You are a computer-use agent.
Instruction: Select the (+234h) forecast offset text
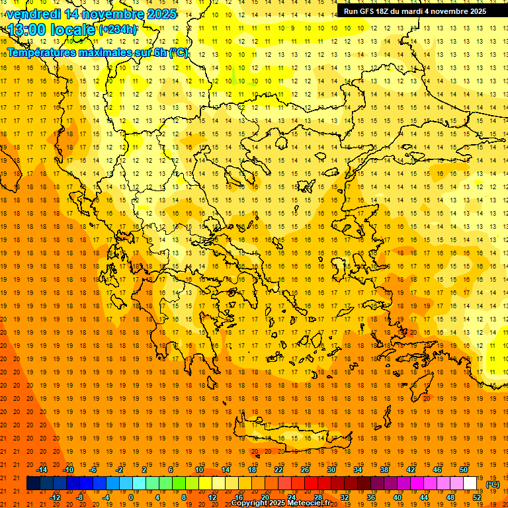pos(118,30)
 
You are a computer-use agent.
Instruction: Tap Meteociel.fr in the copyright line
pos(307,503)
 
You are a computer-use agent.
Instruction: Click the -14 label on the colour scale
pos(42,470)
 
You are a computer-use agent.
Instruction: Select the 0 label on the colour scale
pos(130,497)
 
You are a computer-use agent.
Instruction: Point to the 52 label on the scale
pos(477,497)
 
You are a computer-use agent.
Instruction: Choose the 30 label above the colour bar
pos(331,470)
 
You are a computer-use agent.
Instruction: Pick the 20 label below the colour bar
pos(265,497)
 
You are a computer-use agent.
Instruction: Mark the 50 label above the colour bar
pos(464,470)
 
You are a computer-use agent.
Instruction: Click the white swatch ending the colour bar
pos(470,484)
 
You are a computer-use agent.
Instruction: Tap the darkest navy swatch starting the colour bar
pos(33,484)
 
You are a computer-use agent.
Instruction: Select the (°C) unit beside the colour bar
pos(492,484)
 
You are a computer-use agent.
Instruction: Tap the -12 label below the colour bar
pos(55,497)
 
